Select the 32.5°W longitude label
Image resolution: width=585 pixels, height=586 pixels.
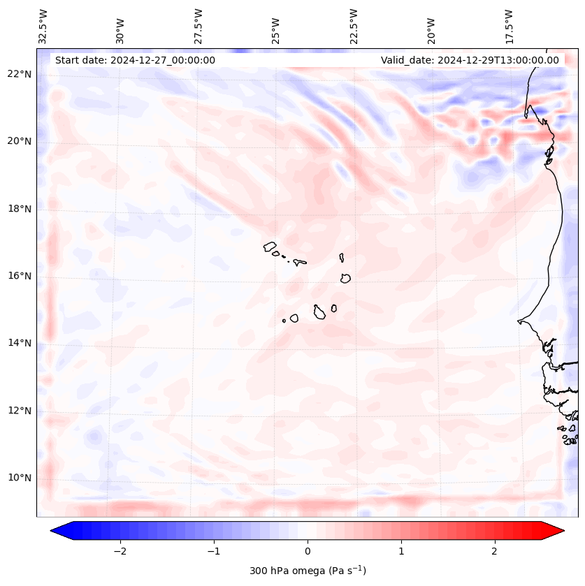point(43,27)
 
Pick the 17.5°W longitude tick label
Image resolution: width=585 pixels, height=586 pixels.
point(509,27)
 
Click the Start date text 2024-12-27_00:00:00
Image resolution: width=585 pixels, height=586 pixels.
point(135,60)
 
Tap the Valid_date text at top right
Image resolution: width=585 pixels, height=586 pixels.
point(470,60)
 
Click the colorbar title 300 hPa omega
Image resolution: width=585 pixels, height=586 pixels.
point(308,571)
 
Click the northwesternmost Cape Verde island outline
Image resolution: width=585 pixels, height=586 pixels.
point(270,246)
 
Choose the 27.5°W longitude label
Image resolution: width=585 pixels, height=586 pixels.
point(198,27)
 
